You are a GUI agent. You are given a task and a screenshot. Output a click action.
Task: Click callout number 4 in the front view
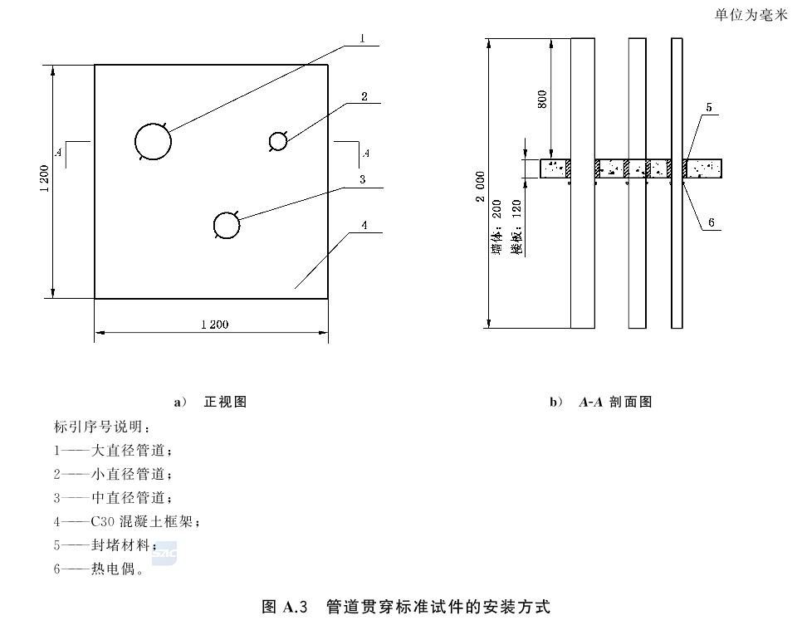pyautogui.click(x=364, y=225)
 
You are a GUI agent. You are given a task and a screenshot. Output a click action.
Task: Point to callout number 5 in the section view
pyautogui.click(x=709, y=107)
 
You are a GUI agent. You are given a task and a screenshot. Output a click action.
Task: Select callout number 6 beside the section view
pyautogui.click(x=711, y=222)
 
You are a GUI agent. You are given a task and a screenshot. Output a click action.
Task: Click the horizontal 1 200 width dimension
pyautogui.click(x=214, y=325)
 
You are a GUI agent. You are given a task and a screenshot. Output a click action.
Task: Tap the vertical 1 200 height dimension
pyautogui.click(x=45, y=178)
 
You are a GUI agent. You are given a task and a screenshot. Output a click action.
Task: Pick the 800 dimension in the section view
pyautogui.click(x=542, y=99)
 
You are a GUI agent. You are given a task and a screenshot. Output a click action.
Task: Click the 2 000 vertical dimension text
pyautogui.click(x=481, y=187)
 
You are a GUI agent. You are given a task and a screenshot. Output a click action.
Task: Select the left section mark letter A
pyautogui.click(x=58, y=151)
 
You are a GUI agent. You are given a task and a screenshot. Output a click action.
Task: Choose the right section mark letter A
pyautogui.click(x=365, y=153)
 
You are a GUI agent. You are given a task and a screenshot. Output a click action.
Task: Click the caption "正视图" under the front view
pyautogui.click(x=225, y=402)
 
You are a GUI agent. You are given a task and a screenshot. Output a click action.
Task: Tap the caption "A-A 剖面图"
pyautogui.click(x=615, y=402)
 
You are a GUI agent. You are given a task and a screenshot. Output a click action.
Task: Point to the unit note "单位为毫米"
pyautogui.click(x=751, y=15)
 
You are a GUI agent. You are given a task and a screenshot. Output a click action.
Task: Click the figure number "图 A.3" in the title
pyautogui.click(x=285, y=606)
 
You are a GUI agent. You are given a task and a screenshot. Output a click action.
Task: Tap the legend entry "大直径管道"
pyautogui.click(x=128, y=450)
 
